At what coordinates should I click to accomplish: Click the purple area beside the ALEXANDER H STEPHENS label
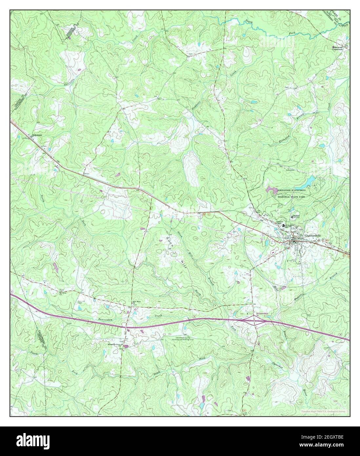(271, 189)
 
